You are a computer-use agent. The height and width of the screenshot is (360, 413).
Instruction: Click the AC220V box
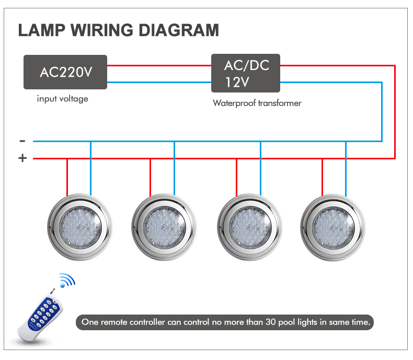tap(65, 72)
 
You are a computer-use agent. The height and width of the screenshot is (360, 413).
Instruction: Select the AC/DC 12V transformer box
tap(246, 73)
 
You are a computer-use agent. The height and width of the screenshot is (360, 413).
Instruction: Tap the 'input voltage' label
tap(62, 99)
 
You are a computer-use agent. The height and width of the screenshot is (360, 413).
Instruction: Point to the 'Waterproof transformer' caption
tap(257, 103)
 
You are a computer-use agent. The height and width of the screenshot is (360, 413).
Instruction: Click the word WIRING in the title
tap(102, 30)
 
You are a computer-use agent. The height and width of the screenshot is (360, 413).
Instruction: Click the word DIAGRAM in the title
tap(179, 30)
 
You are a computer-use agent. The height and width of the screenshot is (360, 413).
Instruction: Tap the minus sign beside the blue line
tap(22, 141)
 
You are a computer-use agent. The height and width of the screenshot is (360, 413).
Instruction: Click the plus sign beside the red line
tap(22, 158)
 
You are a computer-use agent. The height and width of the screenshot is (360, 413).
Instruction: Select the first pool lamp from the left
tap(80, 227)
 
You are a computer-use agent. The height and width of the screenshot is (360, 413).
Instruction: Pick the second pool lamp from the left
tap(164, 227)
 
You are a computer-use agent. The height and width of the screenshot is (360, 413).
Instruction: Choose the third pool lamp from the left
tap(249, 227)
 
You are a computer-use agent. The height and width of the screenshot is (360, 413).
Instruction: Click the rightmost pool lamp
tap(333, 228)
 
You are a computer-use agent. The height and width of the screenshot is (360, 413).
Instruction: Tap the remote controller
tap(40, 316)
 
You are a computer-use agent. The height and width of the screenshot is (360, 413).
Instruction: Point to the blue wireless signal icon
tap(67, 280)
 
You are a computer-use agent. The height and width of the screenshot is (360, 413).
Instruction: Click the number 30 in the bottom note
tap(270, 322)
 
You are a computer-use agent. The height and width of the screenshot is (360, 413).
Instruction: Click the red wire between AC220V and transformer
tap(159, 65)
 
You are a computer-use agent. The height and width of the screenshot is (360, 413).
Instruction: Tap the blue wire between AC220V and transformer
tap(159, 83)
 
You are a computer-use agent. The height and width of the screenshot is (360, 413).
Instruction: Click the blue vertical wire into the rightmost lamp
tap(346, 169)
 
